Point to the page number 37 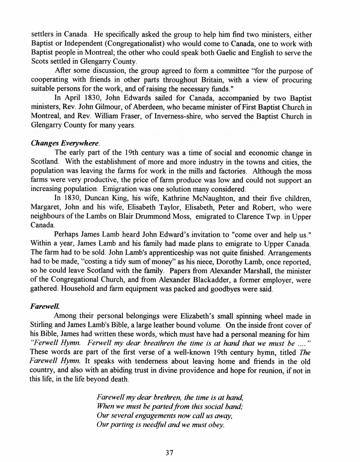pyautogui.click(x=170, y=453)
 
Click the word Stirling pyautogui.click(x=41, y=325)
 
